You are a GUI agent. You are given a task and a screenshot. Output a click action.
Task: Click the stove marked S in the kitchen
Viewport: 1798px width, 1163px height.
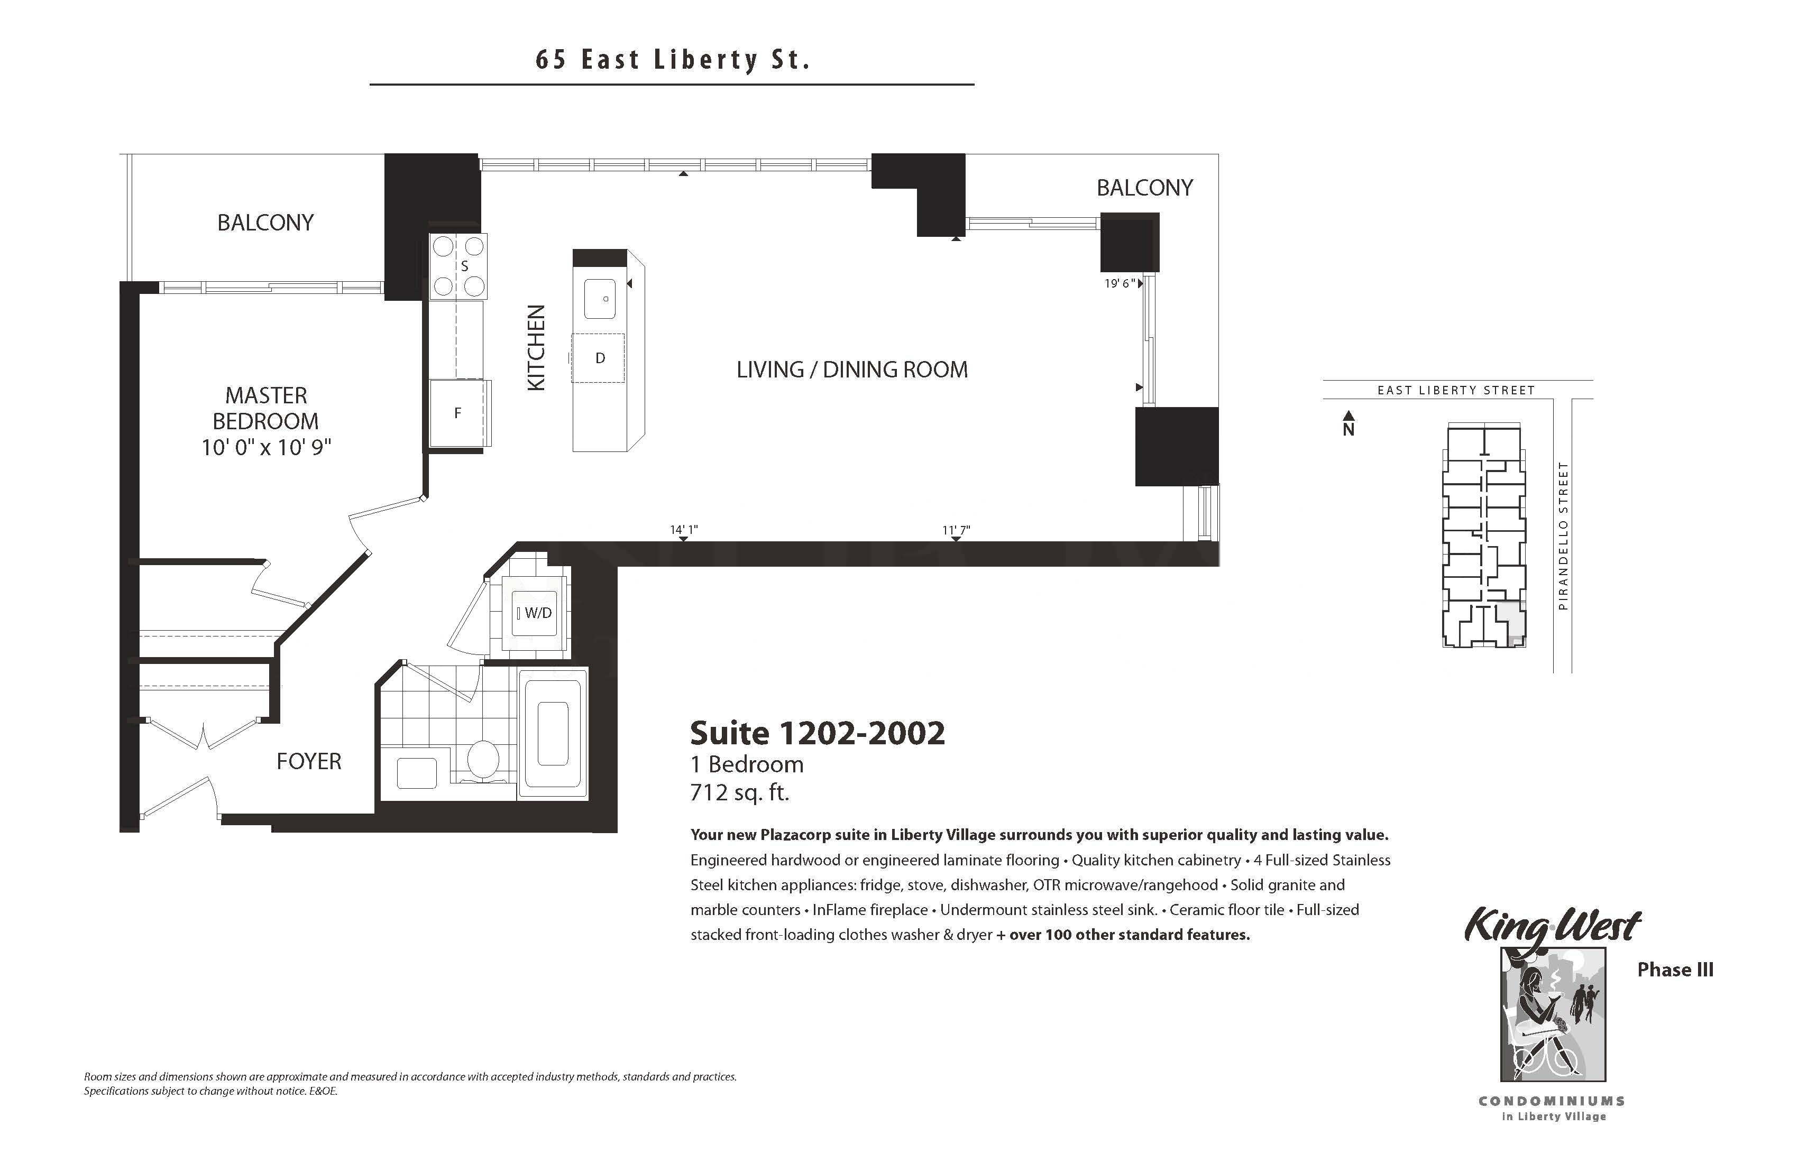click(458, 266)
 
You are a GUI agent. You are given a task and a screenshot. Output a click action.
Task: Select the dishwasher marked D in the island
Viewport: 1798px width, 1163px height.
click(598, 358)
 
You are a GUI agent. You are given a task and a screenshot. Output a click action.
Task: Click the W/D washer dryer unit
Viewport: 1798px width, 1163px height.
click(534, 613)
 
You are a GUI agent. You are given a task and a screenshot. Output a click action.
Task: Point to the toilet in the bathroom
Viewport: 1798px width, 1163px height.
click(482, 759)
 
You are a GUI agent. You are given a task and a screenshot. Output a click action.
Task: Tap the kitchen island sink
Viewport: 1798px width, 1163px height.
click(600, 298)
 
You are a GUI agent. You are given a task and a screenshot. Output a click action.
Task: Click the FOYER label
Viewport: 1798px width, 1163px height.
click(309, 761)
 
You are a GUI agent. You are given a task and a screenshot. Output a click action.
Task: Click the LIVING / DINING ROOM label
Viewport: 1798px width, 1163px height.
click(852, 370)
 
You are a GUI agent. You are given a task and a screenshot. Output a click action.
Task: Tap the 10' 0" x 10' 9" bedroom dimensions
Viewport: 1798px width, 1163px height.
click(266, 448)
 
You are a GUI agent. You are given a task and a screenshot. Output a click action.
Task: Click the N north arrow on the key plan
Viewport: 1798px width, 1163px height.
click(1348, 423)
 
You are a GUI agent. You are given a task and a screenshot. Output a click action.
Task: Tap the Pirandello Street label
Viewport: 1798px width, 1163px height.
click(1563, 536)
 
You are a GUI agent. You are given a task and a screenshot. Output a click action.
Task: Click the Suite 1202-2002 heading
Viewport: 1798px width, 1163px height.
click(818, 733)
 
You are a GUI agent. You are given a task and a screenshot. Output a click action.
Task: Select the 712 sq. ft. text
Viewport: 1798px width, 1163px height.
click(740, 793)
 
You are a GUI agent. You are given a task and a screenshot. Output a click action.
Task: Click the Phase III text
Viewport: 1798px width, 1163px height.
click(1675, 970)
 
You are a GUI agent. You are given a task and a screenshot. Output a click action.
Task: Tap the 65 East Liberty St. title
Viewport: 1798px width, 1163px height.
click(672, 60)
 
